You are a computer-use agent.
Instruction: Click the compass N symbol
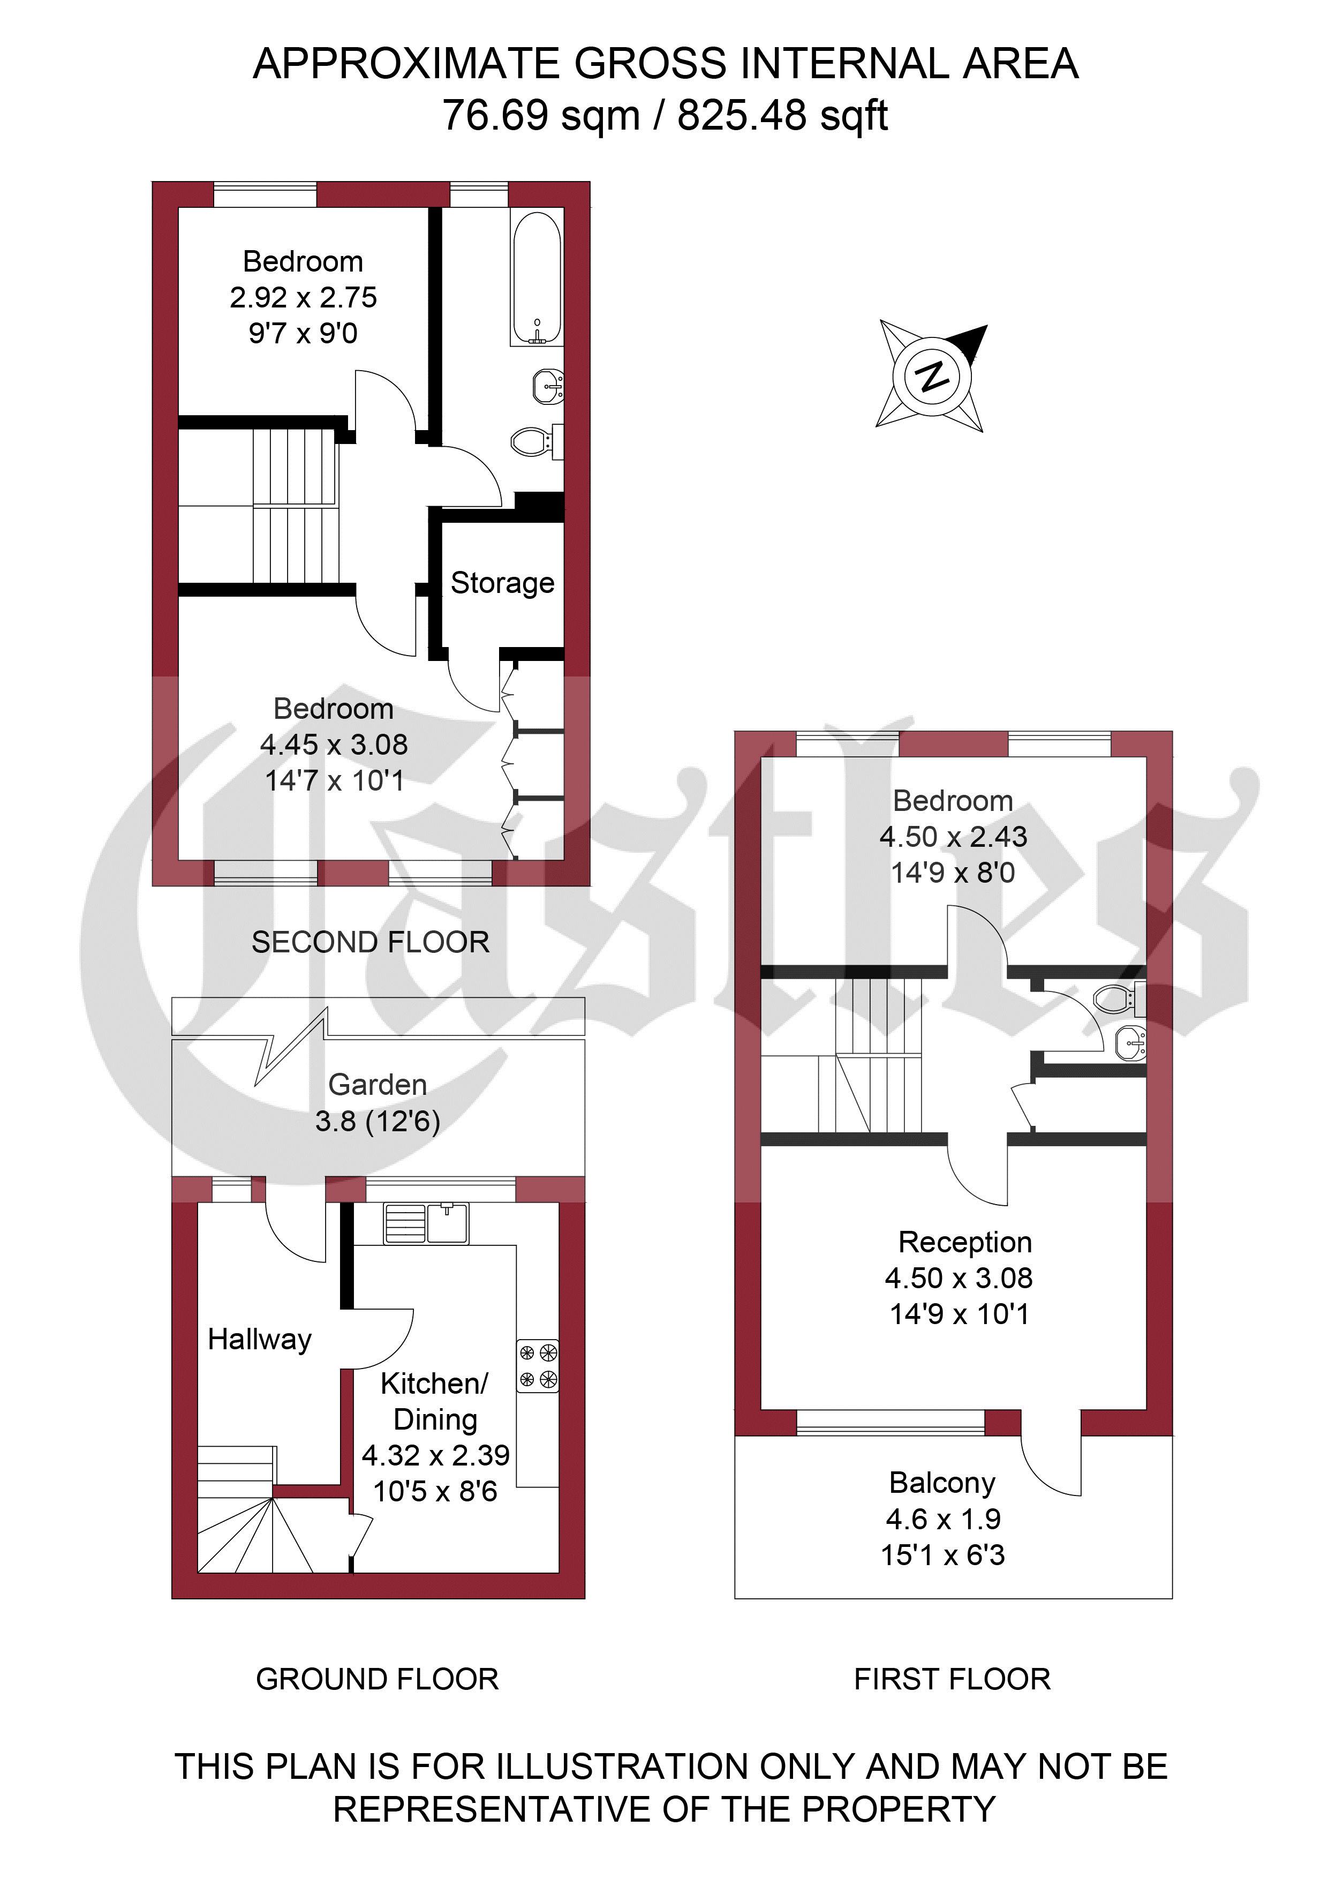[x=932, y=377]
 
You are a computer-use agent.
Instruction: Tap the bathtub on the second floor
[x=536, y=277]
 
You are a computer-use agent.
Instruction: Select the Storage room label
[x=502, y=583]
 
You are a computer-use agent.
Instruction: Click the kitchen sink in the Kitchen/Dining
[x=426, y=1223]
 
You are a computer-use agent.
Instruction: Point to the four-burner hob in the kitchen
[x=538, y=1366]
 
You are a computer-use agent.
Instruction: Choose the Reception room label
[x=965, y=1242]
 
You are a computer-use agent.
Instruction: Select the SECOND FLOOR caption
[x=370, y=942]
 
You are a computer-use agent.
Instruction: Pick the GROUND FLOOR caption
[x=377, y=1679]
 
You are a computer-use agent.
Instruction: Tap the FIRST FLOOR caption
[x=952, y=1679]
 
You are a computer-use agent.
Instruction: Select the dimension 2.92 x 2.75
[x=303, y=297]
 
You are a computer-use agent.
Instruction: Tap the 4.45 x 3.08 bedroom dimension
[x=333, y=744]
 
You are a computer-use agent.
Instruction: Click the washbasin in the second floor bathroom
[x=547, y=384]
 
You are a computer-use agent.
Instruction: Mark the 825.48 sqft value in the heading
[x=782, y=115]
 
